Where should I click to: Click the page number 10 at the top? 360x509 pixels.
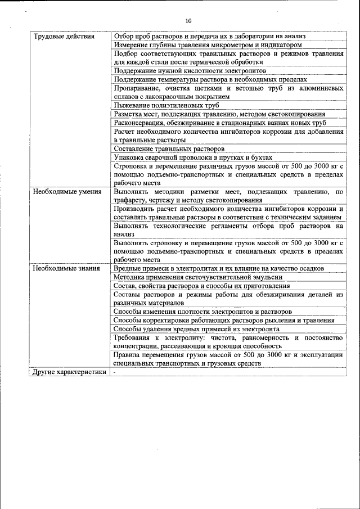(188, 21)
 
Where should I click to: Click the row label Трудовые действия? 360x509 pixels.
(56, 37)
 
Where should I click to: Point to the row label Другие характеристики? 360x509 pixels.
(69, 372)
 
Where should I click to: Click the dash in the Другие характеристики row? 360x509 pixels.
(115, 372)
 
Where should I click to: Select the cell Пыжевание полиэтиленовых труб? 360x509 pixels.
(166, 105)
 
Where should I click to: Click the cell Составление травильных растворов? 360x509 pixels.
(169, 149)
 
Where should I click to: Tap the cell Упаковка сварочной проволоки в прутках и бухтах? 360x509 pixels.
(192, 157)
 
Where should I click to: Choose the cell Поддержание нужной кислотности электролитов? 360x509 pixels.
(190, 71)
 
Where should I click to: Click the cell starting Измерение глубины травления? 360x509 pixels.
(208, 44)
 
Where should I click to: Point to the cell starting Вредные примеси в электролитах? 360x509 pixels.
(218, 268)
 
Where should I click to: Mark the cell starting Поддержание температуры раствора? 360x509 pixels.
(210, 79)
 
